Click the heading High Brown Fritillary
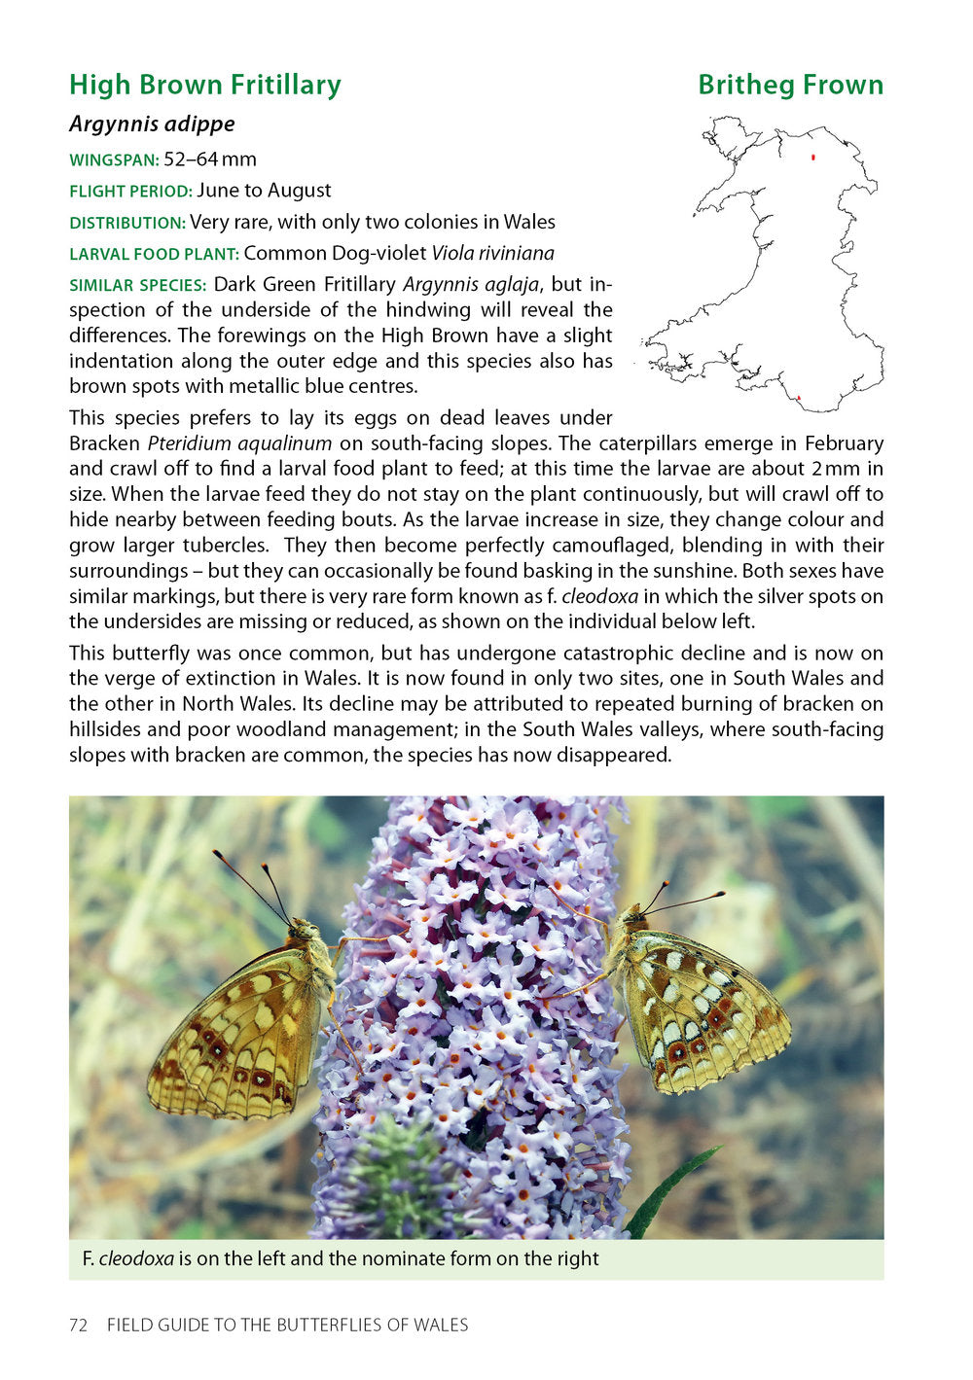pos(205,86)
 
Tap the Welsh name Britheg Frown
pos(790,86)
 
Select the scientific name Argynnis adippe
pos(152,124)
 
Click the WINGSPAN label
pos(114,160)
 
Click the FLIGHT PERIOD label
pos(130,192)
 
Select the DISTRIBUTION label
pos(126,223)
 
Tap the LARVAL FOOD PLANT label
pos(154,255)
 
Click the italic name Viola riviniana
pos(493,254)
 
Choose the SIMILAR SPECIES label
pos(137,286)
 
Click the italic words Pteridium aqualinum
pos(239,443)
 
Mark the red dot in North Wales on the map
pos(812,157)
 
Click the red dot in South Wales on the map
pos(798,398)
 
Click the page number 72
pos(79,1325)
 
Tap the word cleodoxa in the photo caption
pos(136,1259)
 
